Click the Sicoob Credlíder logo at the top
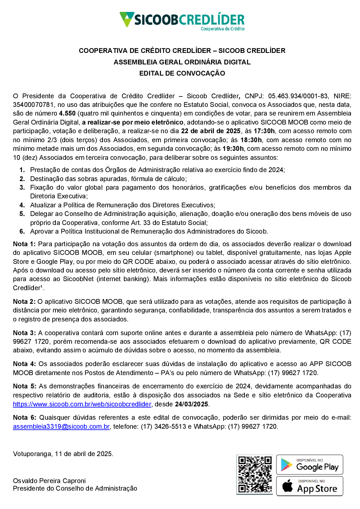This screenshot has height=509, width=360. point(182,21)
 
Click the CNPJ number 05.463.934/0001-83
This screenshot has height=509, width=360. point(298,96)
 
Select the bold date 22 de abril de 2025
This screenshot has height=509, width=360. point(211,131)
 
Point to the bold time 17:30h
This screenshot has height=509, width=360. point(264,131)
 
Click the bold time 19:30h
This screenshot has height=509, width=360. point(233,149)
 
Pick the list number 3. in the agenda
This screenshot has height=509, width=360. point(22,188)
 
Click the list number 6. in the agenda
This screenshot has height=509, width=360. point(22,231)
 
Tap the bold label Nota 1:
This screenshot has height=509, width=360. point(24,244)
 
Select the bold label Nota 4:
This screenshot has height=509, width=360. point(24,364)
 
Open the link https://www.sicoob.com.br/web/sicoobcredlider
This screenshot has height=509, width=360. point(82,404)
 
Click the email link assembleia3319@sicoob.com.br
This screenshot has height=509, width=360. point(61,427)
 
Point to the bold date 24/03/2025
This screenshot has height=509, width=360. point(192,404)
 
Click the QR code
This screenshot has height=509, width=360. point(255,474)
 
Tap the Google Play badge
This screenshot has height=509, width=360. point(310,465)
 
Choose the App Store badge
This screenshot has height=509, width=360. point(310,486)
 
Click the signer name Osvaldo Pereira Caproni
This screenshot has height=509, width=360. point(49,481)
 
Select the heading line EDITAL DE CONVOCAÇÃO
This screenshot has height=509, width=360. point(182,73)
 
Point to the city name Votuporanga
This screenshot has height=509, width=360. point(32,454)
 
